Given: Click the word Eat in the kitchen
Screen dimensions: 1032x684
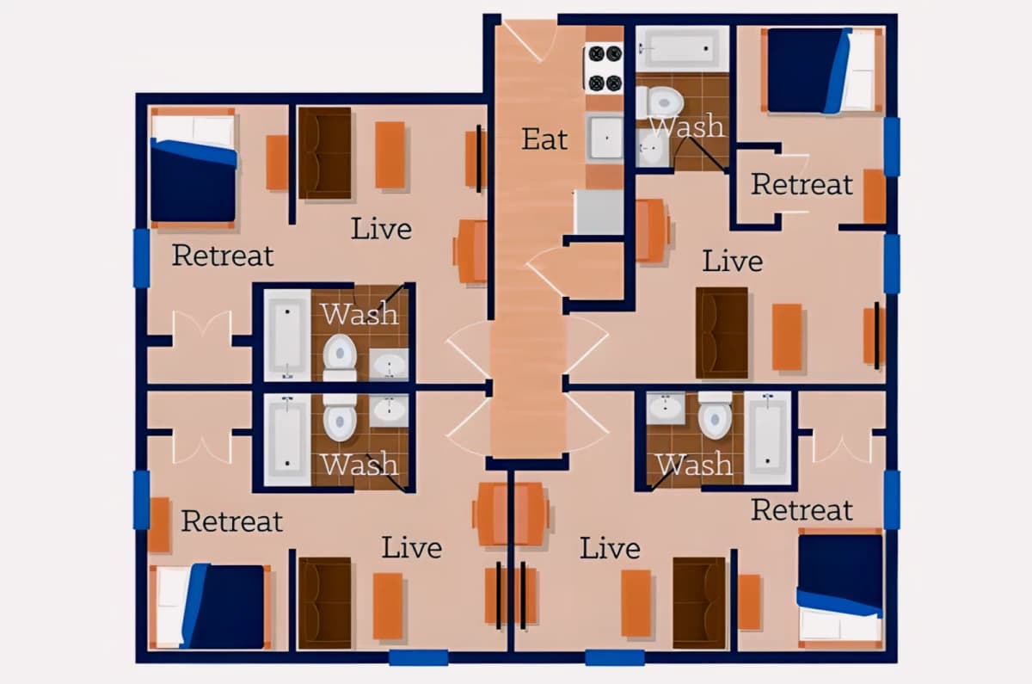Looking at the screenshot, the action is [544, 139].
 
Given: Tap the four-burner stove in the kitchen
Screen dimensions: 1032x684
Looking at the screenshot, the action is [605, 68].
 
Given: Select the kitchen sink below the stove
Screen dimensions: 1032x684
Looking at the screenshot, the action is [605, 138].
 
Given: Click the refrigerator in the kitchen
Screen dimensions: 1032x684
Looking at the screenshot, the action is [599, 212].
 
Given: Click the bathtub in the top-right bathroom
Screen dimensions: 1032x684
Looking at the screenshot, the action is [682, 49].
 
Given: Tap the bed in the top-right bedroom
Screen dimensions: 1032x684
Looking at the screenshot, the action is [825, 70].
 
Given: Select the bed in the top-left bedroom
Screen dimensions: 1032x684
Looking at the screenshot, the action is [193, 168].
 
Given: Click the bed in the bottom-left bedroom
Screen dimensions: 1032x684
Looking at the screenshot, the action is [210, 607].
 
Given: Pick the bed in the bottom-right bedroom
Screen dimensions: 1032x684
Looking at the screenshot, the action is [840, 588].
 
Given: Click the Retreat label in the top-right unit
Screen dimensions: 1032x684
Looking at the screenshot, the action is [802, 184].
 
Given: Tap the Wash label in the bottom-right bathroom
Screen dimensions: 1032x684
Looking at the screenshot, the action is [695, 464].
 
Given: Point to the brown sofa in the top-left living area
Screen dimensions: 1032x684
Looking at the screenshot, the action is [325, 153].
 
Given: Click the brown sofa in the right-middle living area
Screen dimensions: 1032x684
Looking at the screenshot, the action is [722, 333].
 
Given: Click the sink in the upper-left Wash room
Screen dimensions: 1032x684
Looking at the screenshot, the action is [389, 364].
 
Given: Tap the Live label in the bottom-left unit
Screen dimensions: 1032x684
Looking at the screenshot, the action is [411, 547].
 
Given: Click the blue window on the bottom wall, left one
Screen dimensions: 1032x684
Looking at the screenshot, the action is [418, 657].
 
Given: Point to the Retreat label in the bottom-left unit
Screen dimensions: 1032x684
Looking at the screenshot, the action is [231, 521].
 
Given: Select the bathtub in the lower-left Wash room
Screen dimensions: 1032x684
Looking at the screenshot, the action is [287, 440].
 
